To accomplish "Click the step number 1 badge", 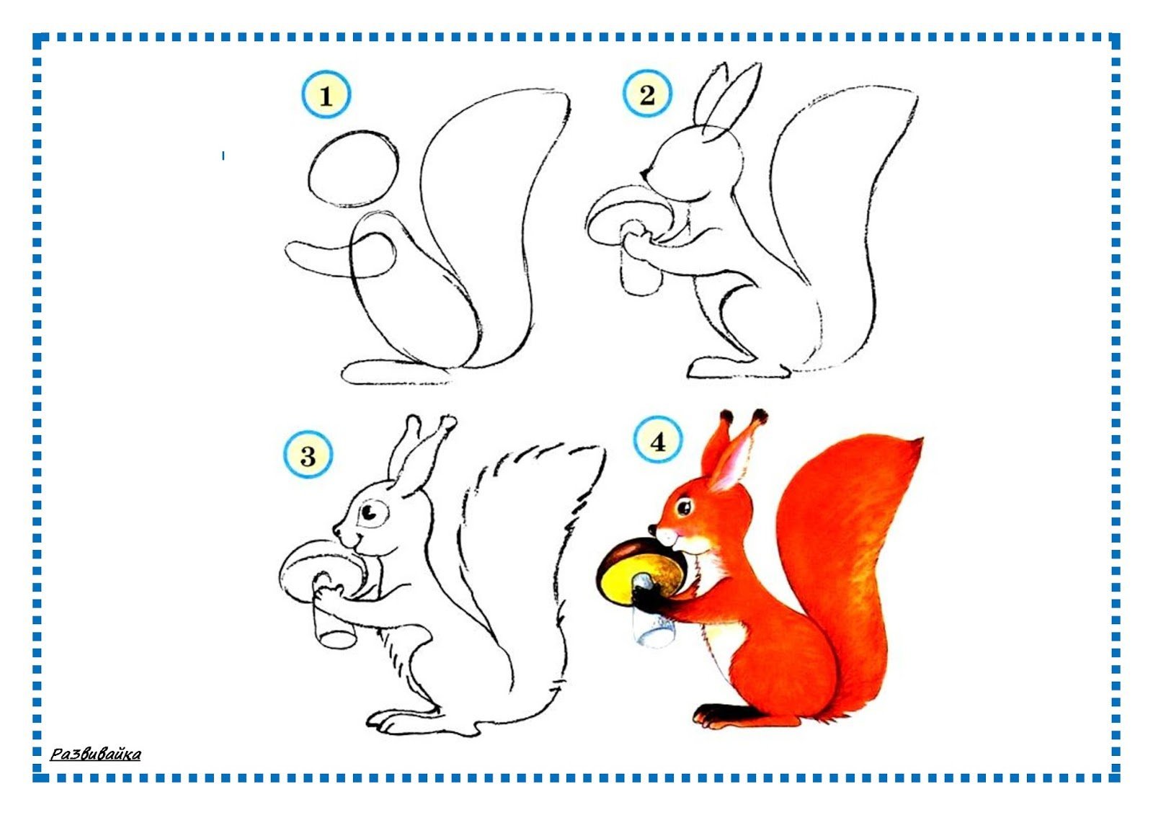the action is [326, 94].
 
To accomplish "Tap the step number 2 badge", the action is [647, 94].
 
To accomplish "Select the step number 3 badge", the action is [308, 455].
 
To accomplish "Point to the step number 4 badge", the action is [658, 440].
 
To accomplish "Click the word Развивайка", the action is [95, 754].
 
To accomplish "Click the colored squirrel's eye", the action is [684, 507].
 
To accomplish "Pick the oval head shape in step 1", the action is [354, 169].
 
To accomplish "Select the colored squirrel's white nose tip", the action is [667, 536].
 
